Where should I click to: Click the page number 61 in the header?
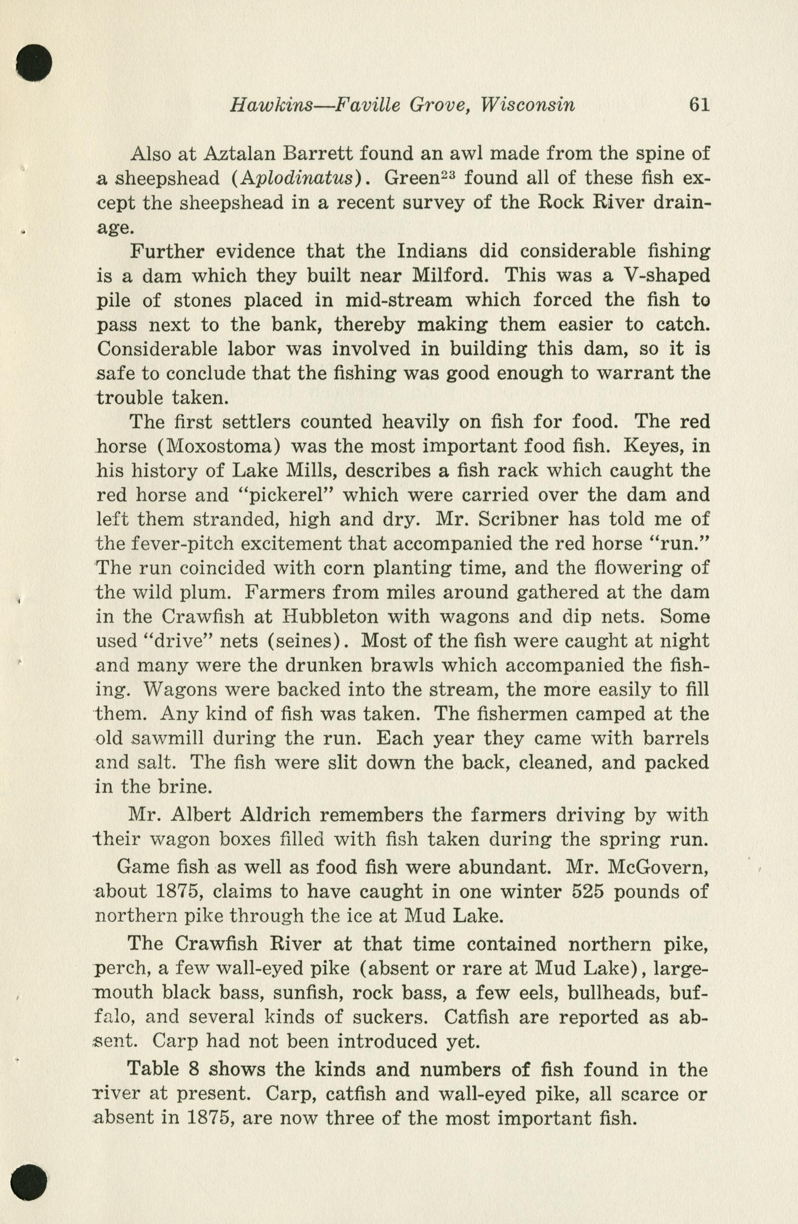[x=699, y=105]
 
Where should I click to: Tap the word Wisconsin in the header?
[x=528, y=105]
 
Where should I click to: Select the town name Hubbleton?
[x=334, y=616]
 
